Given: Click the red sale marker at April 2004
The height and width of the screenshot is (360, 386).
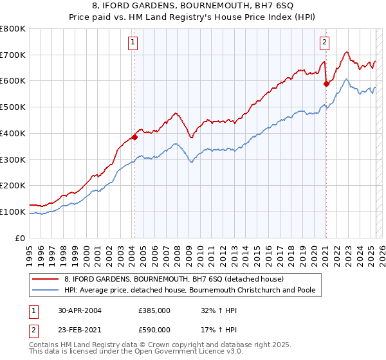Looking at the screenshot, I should [134, 137].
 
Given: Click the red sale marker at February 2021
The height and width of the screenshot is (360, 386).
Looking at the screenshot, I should [326, 83].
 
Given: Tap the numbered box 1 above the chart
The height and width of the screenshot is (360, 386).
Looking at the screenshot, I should [133, 43].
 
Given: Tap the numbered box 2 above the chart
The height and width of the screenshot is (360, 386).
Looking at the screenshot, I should [324, 43].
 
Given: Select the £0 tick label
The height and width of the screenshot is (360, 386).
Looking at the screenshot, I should [21, 238].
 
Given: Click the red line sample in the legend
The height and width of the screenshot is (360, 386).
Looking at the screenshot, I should [47, 279].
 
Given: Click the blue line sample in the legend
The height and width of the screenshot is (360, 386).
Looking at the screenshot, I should [47, 290].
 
